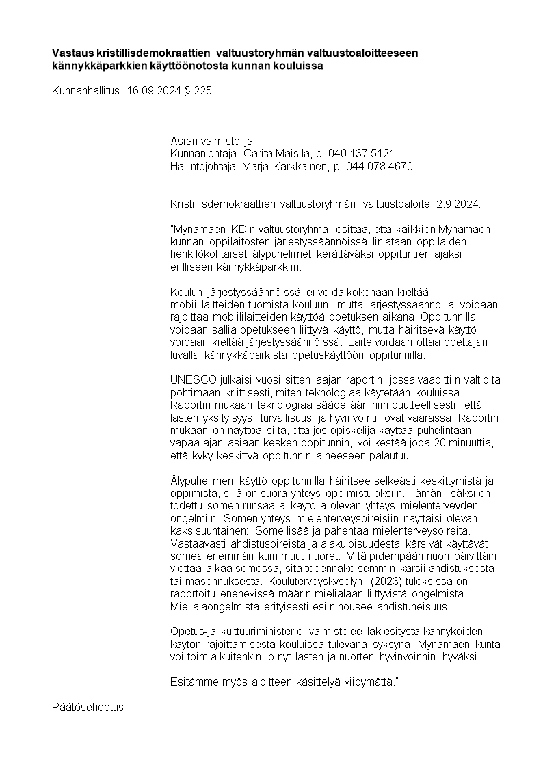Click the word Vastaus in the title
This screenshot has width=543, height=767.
[x=72, y=53]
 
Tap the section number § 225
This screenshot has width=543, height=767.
[x=198, y=90]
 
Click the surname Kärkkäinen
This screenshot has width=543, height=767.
[x=293, y=166]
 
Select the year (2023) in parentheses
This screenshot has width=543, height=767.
[x=389, y=582]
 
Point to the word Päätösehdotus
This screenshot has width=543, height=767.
[x=88, y=707]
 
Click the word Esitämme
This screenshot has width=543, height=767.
[x=191, y=682]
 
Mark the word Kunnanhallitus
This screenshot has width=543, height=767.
[x=85, y=90]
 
